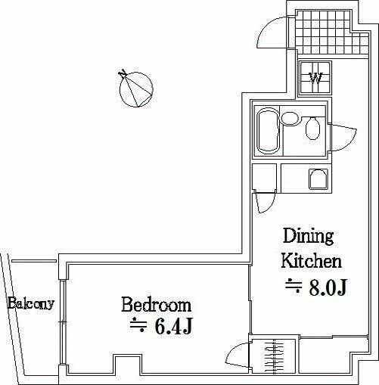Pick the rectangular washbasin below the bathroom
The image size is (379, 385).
pyautogui.click(x=317, y=178)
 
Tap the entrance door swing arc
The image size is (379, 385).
pyautogui.click(x=271, y=34)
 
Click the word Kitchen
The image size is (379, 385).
pyautogui.click(x=312, y=262)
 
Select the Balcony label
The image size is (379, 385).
pyautogui.click(x=31, y=305)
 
